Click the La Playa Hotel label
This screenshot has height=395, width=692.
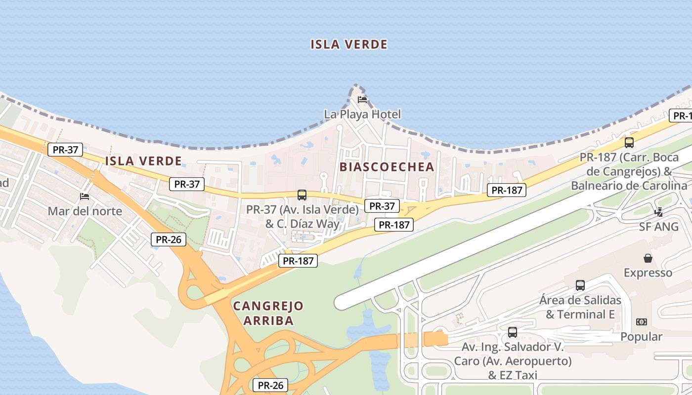pyautogui.click(x=362, y=114)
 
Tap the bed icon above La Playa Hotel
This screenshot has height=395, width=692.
pyautogui.click(x=362, y=100)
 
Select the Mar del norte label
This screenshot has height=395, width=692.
pyautogui.click(x=85, y=211)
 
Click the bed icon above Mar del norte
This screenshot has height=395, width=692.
pyautogui.click(x=85, y=197)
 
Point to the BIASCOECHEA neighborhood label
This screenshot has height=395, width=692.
pyautogui.click(x=387, y=167)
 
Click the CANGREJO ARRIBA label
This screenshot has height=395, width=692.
pyautogui.click(x=268, y=313)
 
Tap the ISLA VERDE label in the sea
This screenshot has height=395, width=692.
pyautogui.click(x=349, y=44)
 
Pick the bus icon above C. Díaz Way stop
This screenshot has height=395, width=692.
pyautogui.click(x=302, y=195)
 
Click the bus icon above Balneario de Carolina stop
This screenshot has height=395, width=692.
pyautogui.click(x=629, y=143)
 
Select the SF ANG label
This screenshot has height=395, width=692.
pyautogui.click(x=659, y=227)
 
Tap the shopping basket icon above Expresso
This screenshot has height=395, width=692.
pyautogui.click(x=648, y=258)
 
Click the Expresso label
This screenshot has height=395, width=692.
pyautogui.click(x=648, y=273)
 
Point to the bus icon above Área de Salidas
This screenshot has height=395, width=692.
pyautogui.click(x=580, y=285)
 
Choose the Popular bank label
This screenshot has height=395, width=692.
pyautogui.click(x=641, y=337)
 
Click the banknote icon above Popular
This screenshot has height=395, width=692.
pyautogui.click(x=642, y=322)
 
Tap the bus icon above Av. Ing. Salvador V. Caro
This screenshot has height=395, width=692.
pyautogui.click(x=513, y=332)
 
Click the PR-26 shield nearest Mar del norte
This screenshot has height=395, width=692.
pyautogui.click(x=169, y=240)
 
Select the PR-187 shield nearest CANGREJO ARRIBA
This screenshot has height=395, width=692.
pyautogui.click(x=298, y=261)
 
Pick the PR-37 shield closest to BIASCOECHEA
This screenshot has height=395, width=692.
pyautogui.click(x=382, y=206)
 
